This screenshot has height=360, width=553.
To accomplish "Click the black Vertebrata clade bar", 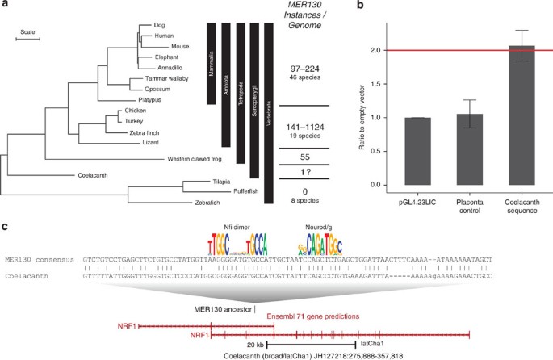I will point(269,113).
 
